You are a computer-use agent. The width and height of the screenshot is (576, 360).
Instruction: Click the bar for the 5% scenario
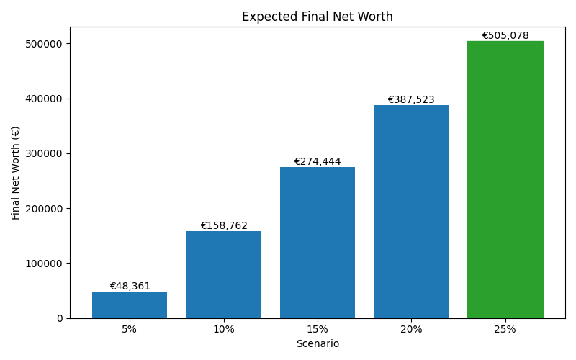pyautogui.click(x=130, y=305)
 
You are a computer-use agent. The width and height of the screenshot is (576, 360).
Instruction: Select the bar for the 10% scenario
pyautogui.click(x=223, y=274)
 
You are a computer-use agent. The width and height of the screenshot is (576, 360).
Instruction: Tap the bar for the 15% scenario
pyautogui.click(x=318, y=243)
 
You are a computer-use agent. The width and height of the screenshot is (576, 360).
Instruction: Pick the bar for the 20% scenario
pyautogui.click(x=411, y=212)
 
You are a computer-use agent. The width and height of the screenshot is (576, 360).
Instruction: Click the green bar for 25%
pyautogui.click(x=505, y=179)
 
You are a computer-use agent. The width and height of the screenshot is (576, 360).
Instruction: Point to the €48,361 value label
pyautogui.click(x=130, y=286)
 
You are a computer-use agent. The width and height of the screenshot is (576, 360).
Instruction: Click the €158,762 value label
pyautogui.click(x=223, y=225)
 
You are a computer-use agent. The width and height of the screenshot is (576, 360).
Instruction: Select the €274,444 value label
pyautogui.click(x=318, y=162)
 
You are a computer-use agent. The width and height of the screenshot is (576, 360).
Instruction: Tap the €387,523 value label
pyautogui.click(x=411, y=100)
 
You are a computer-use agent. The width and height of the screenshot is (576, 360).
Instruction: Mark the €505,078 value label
pyautogui.click(x=505, y=35)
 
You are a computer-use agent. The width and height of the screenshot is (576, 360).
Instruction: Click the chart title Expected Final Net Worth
pyautogui.click(x=318, y=17)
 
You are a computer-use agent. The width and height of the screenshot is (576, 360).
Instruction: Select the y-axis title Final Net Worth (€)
pyautogui.click(x=16, y=173)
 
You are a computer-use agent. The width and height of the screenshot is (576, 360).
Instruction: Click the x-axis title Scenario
pyautogui.click(x=318, y=344)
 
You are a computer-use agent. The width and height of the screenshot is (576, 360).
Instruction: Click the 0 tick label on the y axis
pyautogui.click(x=60, y=318)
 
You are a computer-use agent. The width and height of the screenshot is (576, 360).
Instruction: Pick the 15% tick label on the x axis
pyautogui.click(x=318, y=329)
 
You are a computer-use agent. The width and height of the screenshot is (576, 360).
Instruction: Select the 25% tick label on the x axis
pyautogui.click(x=505, y=329)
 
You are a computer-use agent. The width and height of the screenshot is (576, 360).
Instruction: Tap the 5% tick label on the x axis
pyautogui.click(x=130, y=329)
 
